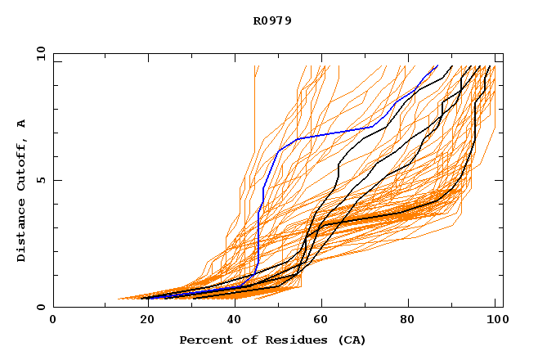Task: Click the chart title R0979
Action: point(272,20)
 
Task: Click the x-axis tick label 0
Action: point(53,320)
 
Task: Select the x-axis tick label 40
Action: point(235,320)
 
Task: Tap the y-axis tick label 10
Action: point(39,53)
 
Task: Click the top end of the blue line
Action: point(437,65)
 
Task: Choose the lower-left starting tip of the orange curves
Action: point(119,299)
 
